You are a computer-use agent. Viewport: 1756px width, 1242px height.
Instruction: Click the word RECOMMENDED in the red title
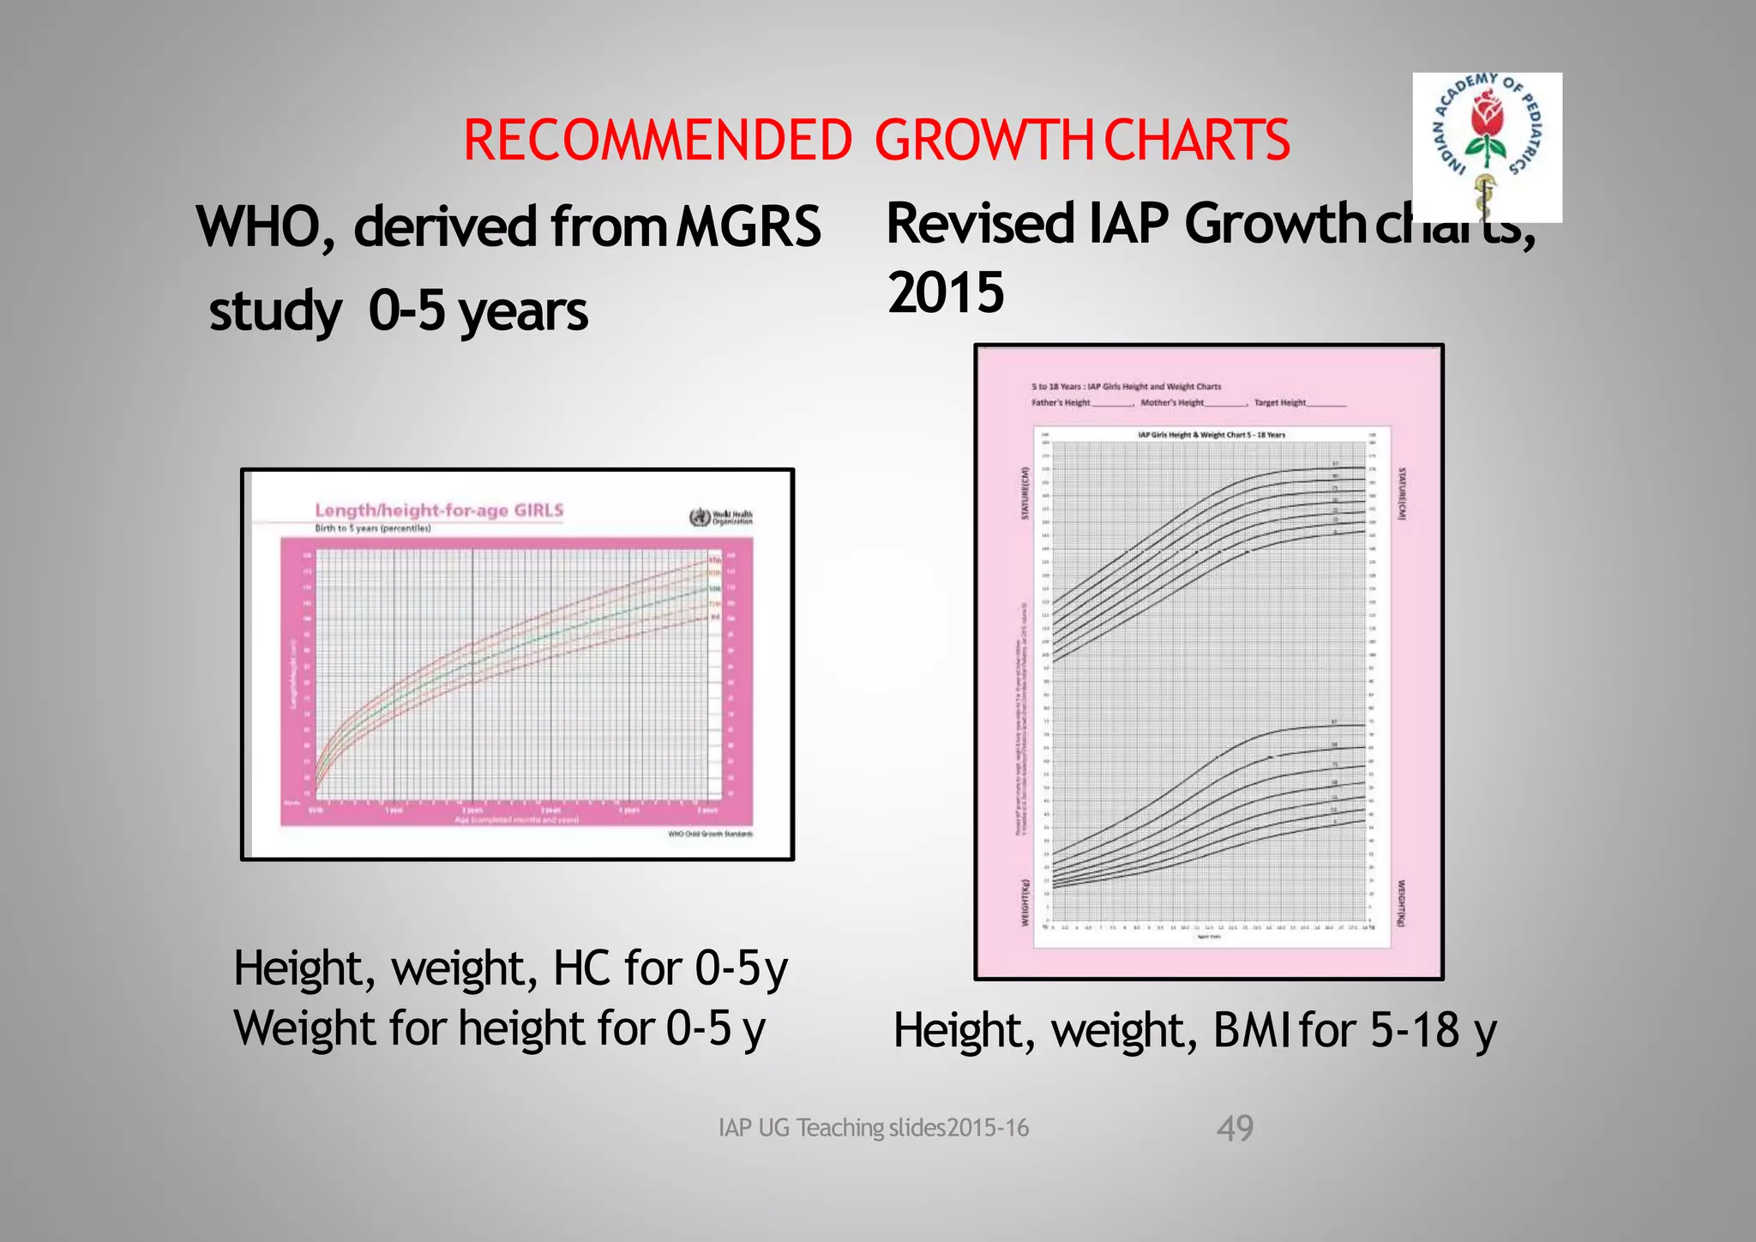[658, 141]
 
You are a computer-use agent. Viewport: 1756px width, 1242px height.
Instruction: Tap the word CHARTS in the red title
[1197, 141]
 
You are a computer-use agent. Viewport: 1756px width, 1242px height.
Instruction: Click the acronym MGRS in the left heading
[749, 226]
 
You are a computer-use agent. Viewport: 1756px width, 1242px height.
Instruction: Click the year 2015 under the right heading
[946, 292]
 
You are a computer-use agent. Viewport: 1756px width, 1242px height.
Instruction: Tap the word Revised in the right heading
[980, 223]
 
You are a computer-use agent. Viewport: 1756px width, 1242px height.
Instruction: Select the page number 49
[1235, 1128]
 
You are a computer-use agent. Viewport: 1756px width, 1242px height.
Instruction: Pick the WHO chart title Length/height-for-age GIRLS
[439, 510]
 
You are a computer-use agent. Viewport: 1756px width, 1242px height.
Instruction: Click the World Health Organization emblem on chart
[700, 517]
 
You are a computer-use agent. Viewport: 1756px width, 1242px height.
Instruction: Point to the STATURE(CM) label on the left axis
[1024, 492]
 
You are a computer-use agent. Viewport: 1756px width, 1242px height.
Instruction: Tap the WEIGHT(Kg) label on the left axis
[1024, 901]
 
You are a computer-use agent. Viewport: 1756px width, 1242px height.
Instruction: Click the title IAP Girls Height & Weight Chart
[1211, 435]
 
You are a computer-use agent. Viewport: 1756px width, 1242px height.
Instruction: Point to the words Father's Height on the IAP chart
[1061, 402]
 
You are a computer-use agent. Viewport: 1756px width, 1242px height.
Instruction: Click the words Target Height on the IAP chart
[1279, 402]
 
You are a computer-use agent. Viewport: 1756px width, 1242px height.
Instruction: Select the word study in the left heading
[274, 310]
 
